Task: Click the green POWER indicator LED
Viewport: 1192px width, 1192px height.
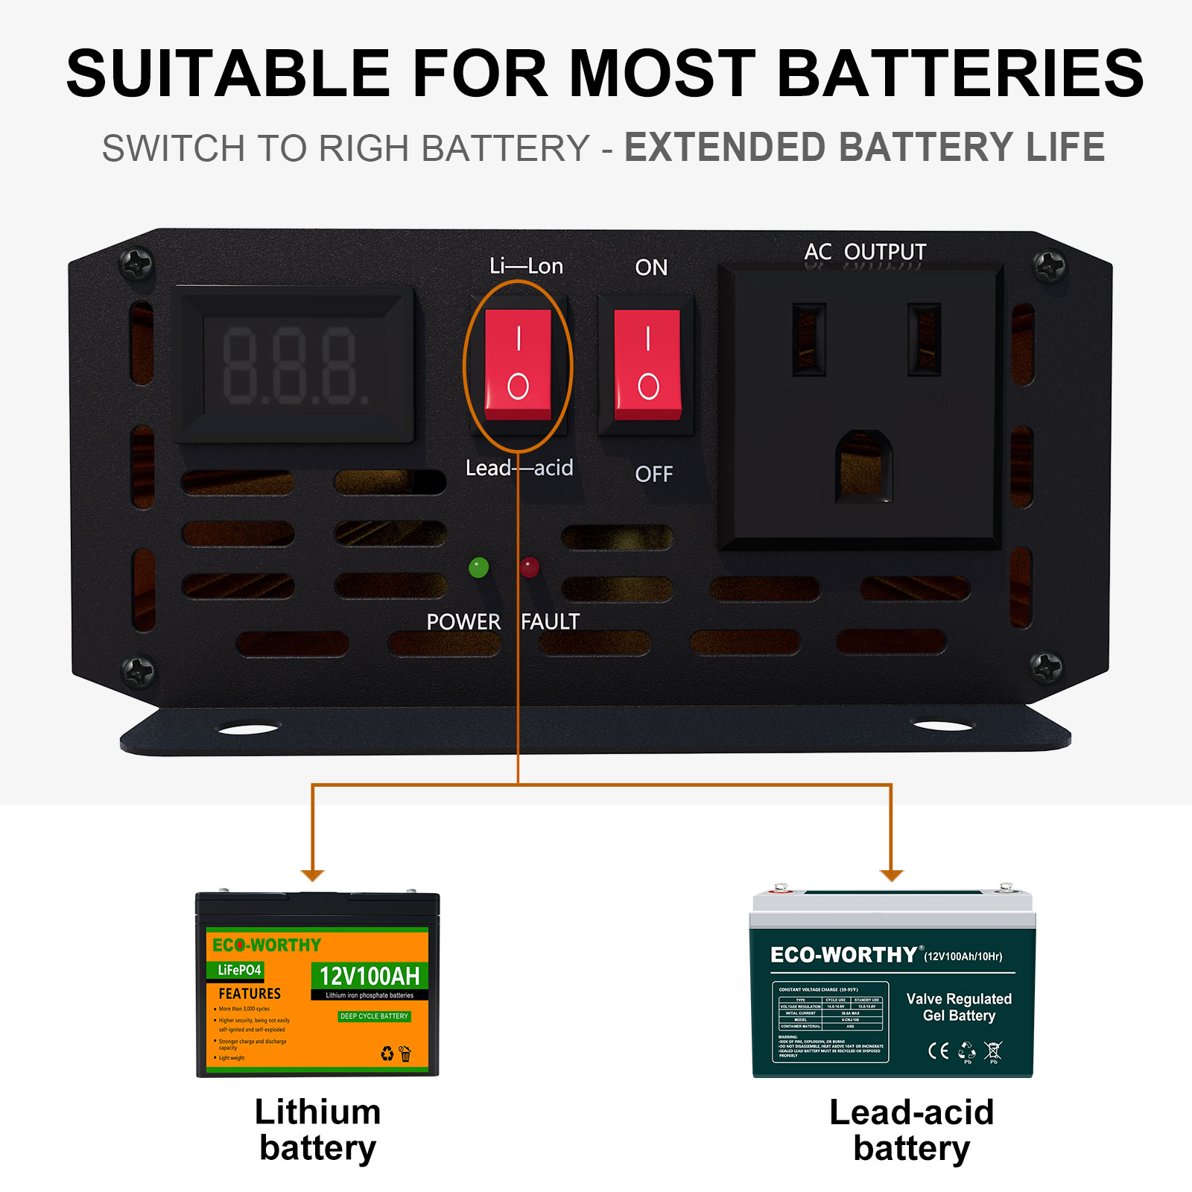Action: tap(478, 568)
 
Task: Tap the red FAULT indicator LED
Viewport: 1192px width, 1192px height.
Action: tap(530, 568)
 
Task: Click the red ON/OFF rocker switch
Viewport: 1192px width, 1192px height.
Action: tap(647, 364)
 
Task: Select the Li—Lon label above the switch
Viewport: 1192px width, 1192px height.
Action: tap(526, 266)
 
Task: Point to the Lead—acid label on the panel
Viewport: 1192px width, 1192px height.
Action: tap(519, 468)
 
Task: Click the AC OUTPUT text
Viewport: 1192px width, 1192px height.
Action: tap(865, 252)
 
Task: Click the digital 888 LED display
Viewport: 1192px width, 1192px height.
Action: tap(295, 366)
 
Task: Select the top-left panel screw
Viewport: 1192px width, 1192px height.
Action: tap(136, 264)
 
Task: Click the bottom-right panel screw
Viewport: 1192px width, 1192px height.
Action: tap(1047, 666)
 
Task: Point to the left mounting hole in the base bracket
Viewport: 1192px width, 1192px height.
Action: tap(249, 729)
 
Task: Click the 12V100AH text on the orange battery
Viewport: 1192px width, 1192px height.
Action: tap(370, 976)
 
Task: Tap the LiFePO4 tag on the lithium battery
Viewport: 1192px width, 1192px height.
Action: tap(239, 970)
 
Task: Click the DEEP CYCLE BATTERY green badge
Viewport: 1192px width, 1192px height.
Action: tap(374, 1016)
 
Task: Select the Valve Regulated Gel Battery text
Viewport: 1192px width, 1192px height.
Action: tap(959, 1007)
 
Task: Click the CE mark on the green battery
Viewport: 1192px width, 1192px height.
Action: tap(938, 1050)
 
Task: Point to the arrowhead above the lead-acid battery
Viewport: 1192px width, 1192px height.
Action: tap(891, 875)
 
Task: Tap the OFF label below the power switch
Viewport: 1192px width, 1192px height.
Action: tap(653, 474)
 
